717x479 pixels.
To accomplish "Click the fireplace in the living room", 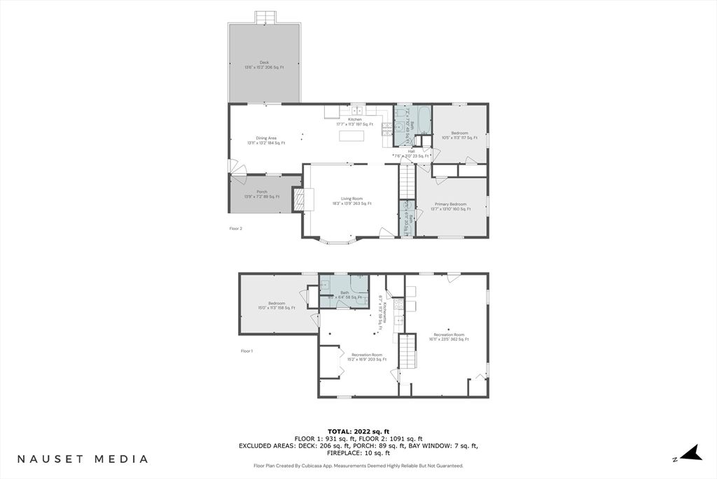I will pyautogui.click(x=300, y=199).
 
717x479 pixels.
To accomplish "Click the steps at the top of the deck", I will pyautogui.click(x=265, y=17).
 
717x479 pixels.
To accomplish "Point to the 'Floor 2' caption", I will pyautogui.click(x=236, y=229).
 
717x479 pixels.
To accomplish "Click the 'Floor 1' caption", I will pyautogui.click(x=246, y=351).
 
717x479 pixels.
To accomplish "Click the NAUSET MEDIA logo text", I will pyautogui.click(x=83, y=459).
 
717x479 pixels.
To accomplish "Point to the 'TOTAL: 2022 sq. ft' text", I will pyautogui.click(x=358, y=431).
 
